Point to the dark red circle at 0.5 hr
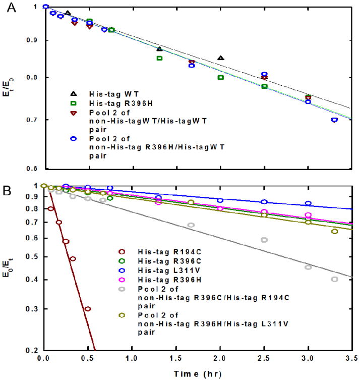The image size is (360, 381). [x=88, y=309]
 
